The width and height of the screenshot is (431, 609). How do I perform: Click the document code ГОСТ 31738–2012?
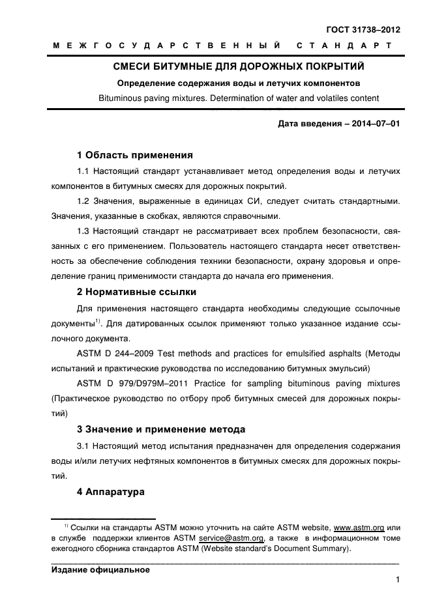[x=363, y=30]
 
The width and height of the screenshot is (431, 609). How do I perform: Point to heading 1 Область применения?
[x=135, y=156]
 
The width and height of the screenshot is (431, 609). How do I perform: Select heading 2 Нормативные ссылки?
[x=137, y=292]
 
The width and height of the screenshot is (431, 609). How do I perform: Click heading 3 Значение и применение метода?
[x=161, y=429]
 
